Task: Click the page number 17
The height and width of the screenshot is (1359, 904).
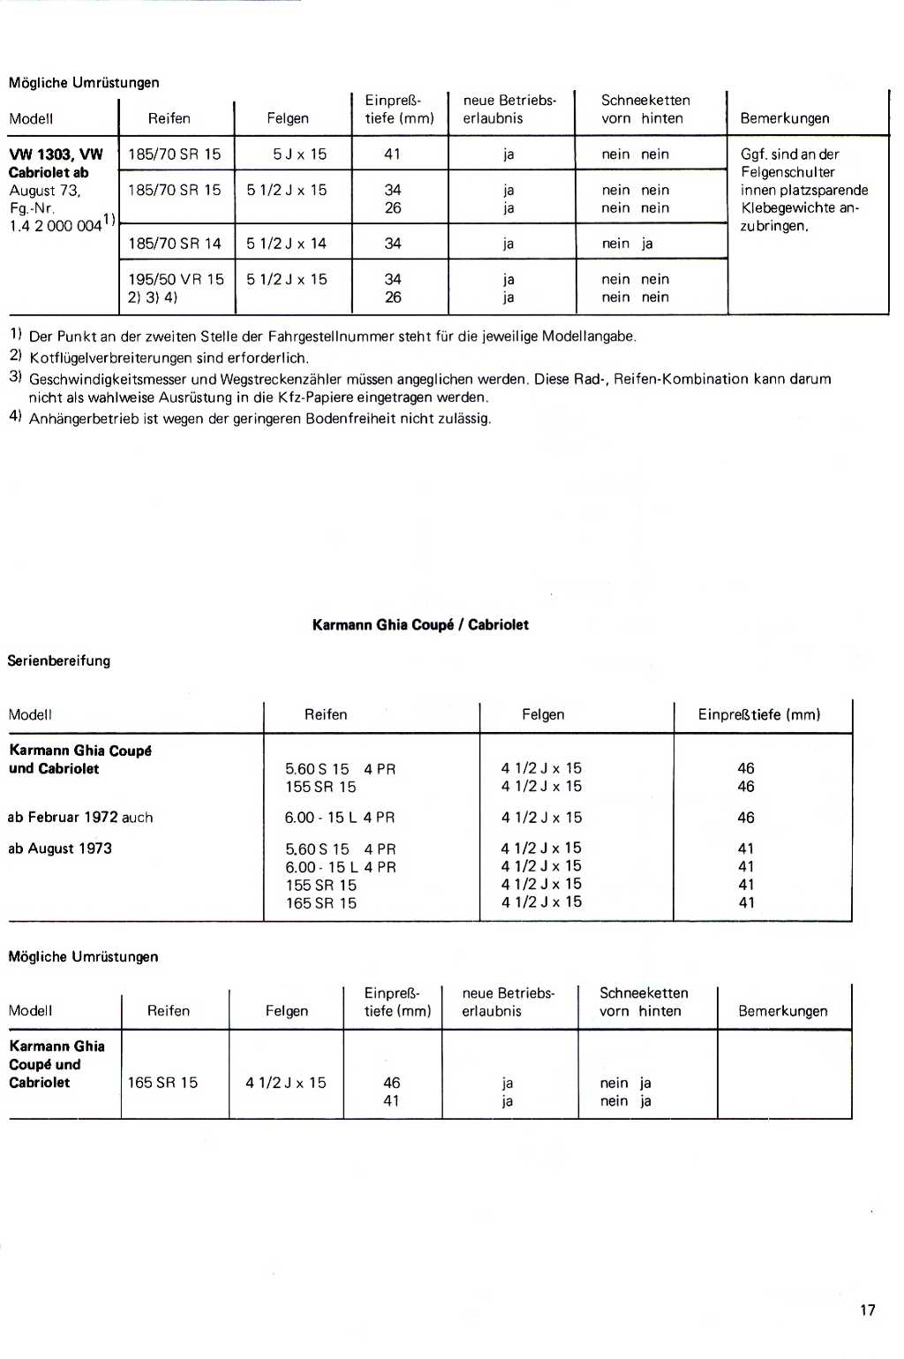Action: pos(867,1310)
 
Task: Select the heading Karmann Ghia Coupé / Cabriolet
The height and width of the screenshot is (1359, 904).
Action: pos(420,624)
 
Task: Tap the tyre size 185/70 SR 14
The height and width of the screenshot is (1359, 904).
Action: pos(175,243)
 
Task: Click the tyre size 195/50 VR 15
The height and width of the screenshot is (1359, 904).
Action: pos(177,279)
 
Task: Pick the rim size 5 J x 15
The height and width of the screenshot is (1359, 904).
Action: pos(299,154)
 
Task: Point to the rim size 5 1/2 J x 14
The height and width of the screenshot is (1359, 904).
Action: pos(286,243)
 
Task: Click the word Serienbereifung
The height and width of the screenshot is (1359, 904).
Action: pos(59,661)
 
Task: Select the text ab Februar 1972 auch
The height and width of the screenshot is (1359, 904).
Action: pos(80,817)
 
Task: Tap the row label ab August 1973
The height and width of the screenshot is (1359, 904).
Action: pos(60,848)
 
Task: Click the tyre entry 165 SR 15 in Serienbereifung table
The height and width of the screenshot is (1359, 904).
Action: pos(320,902)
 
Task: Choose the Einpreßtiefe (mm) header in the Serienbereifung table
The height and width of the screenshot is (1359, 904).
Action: pos(759,714)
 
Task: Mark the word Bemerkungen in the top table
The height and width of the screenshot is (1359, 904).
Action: pos(785,118)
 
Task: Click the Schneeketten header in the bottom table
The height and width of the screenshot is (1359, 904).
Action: pos(644,993)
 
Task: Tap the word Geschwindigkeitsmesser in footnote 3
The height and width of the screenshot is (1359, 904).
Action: pos(108,379)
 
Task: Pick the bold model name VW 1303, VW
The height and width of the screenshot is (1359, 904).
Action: pos(56,154)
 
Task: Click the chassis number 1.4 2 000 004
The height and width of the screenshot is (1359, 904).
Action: pos(55,225)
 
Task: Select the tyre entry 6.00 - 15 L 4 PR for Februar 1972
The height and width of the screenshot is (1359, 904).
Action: pos(340,817)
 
